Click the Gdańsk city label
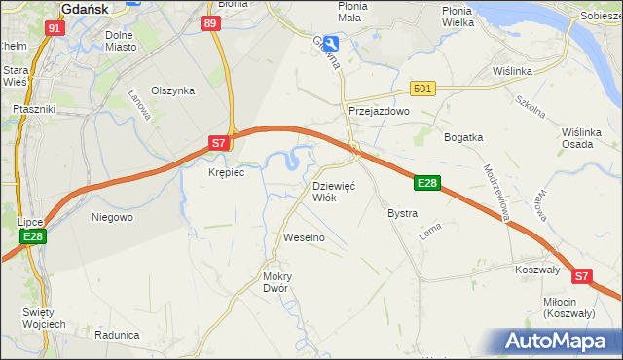coord(89,8)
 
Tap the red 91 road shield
coord(55,28)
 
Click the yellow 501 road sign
coord(421,89)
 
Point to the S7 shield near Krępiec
coord(220,143)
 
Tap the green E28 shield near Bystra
coord(427,183)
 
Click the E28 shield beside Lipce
coord(32,236)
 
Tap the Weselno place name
coord(303,237)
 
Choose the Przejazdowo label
coord(380,112)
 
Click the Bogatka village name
coord(463,137)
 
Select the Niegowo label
coord(112,217)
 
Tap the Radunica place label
coord(117,334)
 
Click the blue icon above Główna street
coord(332,44)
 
